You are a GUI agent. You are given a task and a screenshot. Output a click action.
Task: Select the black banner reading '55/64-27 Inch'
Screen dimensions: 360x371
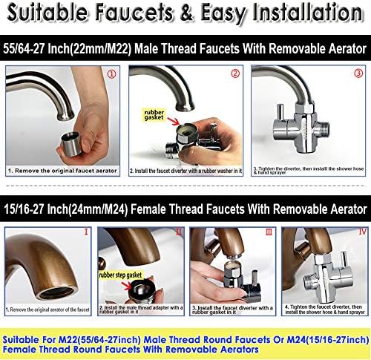185,48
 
